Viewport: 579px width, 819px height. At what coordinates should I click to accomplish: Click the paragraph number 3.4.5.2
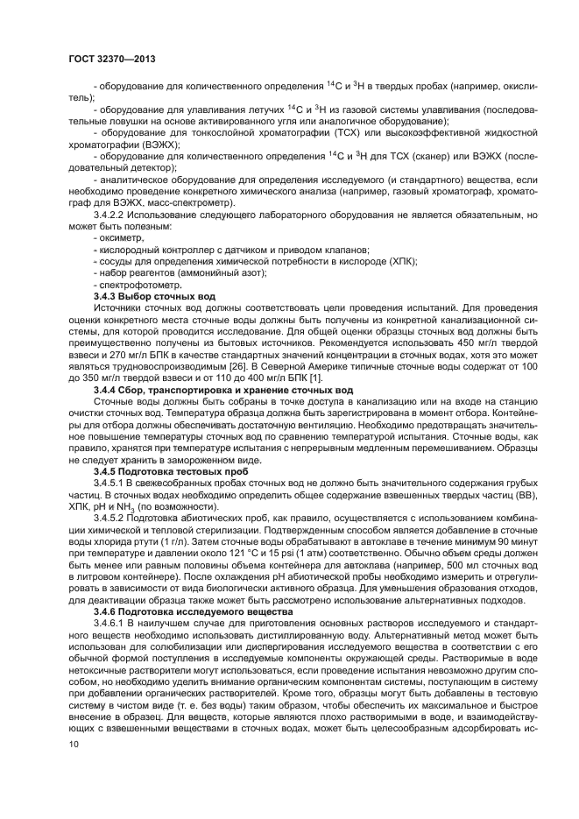[x=111, y=520]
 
